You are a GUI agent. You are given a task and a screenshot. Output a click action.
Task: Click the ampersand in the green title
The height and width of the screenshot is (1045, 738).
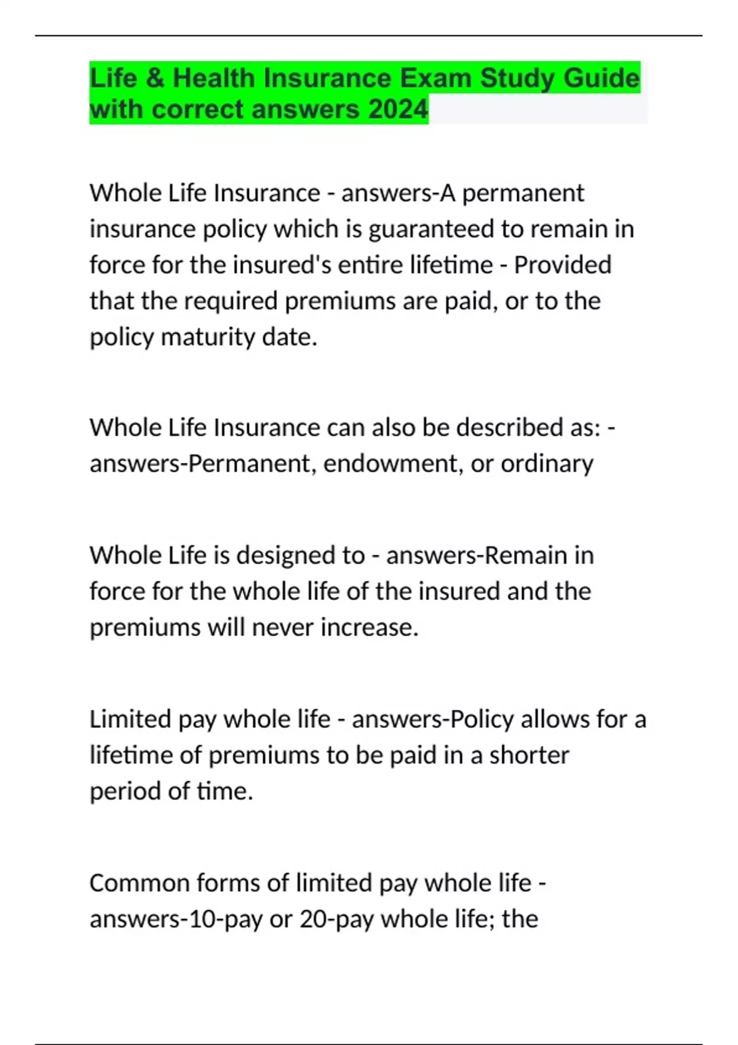(x=156, y=79)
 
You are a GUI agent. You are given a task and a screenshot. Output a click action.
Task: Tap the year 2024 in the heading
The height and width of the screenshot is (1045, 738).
(x=398, y=110)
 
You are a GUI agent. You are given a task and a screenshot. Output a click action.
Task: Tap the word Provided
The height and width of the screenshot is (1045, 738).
(x=562, y=265)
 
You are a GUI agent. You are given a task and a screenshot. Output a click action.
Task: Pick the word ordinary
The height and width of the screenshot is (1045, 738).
(x=547, y=463)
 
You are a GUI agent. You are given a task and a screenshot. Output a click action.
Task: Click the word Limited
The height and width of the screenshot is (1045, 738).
(x=130, y=719)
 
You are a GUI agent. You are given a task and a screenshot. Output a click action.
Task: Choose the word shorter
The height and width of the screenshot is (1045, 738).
(x=529, y=755)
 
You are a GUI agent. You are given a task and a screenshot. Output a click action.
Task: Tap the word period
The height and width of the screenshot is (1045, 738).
(x=125, y=791)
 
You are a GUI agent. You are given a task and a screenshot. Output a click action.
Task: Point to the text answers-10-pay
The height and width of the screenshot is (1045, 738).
(x=176, y=920)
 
